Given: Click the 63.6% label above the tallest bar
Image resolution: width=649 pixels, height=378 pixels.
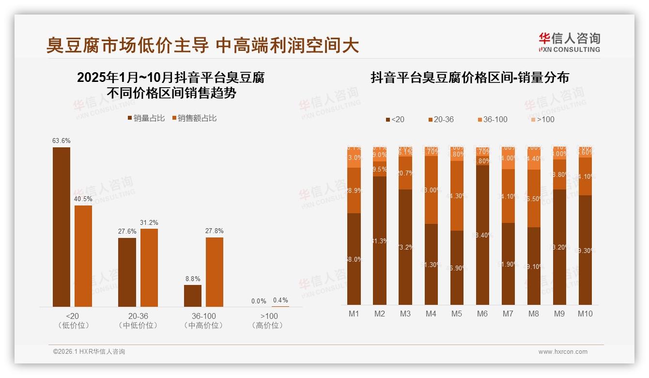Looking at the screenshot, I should pos(62,141).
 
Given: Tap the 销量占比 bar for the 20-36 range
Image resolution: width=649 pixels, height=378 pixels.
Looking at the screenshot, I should pos(127,272).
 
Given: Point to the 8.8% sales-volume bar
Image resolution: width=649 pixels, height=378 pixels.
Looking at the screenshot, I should pos(193,296).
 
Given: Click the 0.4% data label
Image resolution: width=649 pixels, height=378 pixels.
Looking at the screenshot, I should pos(280,300).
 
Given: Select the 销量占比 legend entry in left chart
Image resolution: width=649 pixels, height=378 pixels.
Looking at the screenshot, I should pos(146,118).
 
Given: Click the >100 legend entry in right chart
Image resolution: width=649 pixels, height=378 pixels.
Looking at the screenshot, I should pos(542,119).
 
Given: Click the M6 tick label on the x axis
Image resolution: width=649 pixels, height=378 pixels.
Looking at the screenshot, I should pos(482,314).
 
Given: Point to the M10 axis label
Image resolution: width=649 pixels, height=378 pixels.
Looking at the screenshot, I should pos(585,314).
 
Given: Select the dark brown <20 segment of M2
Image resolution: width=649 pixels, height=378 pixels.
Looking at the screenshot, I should pos(380,240).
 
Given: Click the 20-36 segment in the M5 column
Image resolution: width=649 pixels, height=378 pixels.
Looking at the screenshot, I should pos(457,196).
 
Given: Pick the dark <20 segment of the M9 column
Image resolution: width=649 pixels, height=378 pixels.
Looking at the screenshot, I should pos(559,247).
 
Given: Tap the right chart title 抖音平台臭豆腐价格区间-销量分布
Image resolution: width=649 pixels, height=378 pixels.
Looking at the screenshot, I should pos(470,78).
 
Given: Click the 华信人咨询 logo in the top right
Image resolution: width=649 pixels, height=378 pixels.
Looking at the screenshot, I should pos(569,42).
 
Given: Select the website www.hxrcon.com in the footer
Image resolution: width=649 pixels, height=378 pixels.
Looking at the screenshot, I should pos(563,352).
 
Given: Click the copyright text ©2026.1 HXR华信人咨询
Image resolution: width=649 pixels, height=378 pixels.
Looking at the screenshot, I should pos(89,352).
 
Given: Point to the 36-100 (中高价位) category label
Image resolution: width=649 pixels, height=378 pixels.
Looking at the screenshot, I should pos(203,321).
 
